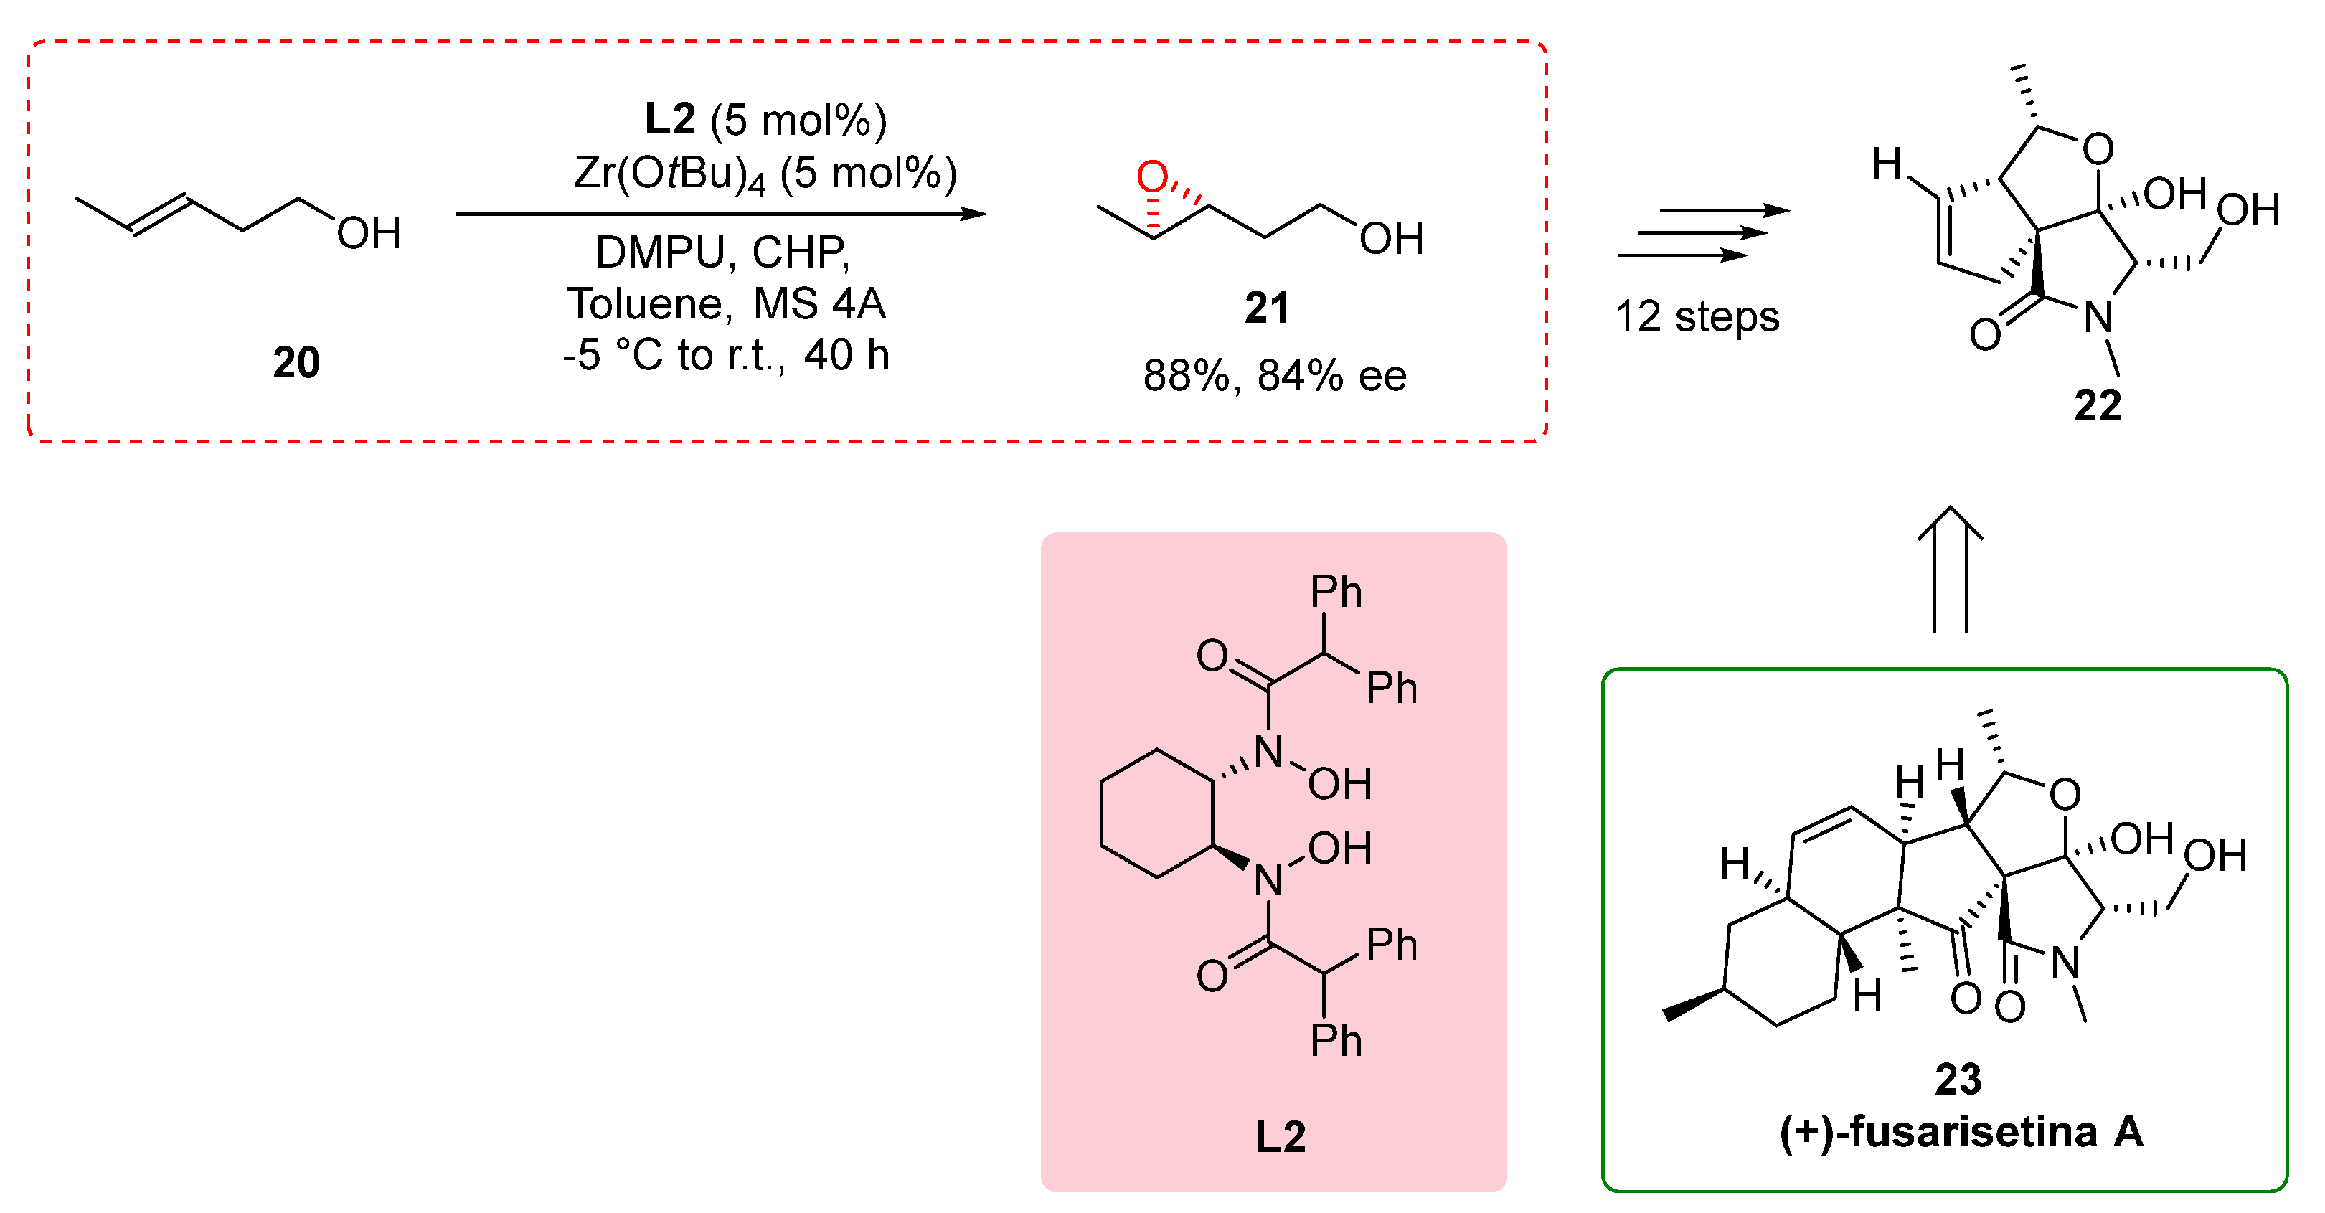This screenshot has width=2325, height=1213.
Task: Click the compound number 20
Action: pyautogui.click(x=296, y=363)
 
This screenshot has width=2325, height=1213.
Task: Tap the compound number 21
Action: pyautogui.click(x=1267, y=308)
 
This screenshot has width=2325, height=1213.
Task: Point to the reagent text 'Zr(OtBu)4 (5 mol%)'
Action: pyautogui.click(x=765, y=174)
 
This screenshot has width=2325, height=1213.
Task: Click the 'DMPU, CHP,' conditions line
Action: pyautogui.click(x=723, y=252)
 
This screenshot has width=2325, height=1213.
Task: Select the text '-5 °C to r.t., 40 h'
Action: pyautogui.click(x=727, y=354)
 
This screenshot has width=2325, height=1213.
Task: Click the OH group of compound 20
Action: pyautogui.click(x=368, y=234)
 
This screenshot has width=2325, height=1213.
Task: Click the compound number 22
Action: pyautogui.click(x=2097, y=406)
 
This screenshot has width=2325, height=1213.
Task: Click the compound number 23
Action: pyautogui.click(x=1958, y=1080)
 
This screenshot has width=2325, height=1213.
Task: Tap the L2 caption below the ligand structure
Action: pyautogui.click(x=1281, y=1137)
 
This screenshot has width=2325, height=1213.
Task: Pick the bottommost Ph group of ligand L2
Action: pyautogui.click(x=1336, y=1042)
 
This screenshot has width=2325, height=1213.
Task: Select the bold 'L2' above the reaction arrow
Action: pyautogui.click(x=670, y=119)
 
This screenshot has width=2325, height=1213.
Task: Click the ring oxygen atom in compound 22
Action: pyautogui.click(x=2098, y=149)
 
